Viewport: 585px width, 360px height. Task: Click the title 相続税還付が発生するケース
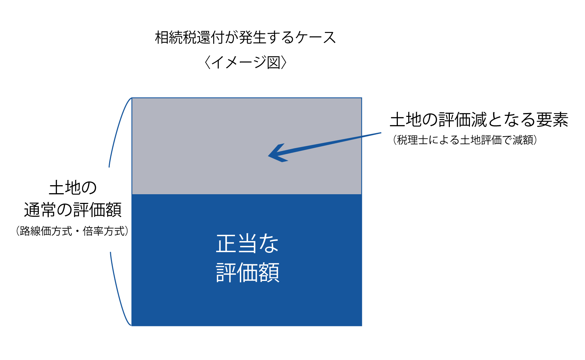(x=245, y=37)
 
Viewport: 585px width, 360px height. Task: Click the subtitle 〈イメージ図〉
(x=245, y=62)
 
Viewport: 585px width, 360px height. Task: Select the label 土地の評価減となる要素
(x=479, y=120)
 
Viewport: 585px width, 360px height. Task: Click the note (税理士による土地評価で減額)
(x=465, y=140)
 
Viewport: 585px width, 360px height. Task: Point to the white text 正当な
(x=247, y=243)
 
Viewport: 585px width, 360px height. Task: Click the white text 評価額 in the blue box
(x=247, y=273)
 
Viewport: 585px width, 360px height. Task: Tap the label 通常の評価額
(x=73, y=210)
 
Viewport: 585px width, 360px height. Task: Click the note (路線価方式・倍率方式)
(x=72, y=231)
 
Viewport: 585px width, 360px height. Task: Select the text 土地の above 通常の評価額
(x=73, y=188)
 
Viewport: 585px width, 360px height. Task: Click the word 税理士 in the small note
(x=412, y=140)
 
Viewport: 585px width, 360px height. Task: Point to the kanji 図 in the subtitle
(x=274, y=62)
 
